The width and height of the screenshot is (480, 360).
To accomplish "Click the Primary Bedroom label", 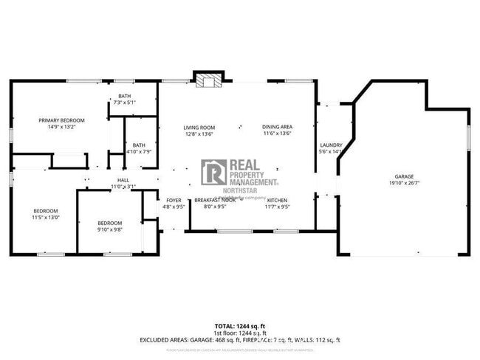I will (62, 120).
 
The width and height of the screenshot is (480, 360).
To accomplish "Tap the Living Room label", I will (199, 128).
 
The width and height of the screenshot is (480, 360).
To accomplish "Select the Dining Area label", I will (278, 128).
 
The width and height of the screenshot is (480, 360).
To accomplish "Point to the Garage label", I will (404, 176).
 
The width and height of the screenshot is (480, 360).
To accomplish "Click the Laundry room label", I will (329, 145).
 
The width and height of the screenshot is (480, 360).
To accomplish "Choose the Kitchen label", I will (277, 200).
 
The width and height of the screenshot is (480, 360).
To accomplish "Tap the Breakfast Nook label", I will (215, 200).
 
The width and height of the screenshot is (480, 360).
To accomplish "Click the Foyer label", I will (174, 200).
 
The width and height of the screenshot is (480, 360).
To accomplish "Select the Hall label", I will (123, 180).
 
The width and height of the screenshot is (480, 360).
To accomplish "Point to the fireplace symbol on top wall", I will (208, 80).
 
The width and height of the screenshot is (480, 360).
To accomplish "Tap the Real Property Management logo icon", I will (214, 172).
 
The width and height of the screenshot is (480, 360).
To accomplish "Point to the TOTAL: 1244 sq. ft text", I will (239, 325).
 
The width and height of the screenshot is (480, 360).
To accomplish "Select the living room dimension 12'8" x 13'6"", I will (199, 134).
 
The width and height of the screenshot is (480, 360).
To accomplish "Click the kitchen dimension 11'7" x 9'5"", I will (277, 207).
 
